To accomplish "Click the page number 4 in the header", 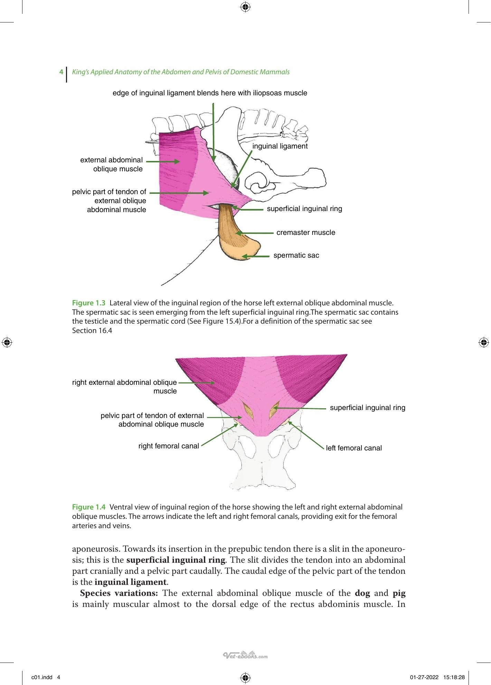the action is pos(61,72).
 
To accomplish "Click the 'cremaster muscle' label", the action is pos(306,232).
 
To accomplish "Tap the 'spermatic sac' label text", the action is pos(296,255).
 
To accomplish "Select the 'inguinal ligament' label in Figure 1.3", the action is pos(280,146).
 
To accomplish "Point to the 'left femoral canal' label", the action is pos(354,448).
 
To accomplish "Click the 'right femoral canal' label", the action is pos(169,446).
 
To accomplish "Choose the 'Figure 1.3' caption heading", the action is pos(88,303).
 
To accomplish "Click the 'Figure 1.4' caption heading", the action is pos(88,507).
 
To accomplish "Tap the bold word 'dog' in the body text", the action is pos(362,593).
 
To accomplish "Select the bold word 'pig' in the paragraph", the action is pos(399,593).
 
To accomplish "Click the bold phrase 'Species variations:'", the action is pos(119,593).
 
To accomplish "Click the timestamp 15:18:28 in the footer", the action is pos(454,677).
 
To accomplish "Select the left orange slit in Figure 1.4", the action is pos(248,410).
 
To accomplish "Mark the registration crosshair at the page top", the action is pos(245,7).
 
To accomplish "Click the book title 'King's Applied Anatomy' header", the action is pos(181,72).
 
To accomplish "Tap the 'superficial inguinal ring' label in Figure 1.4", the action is pos(368,408).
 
